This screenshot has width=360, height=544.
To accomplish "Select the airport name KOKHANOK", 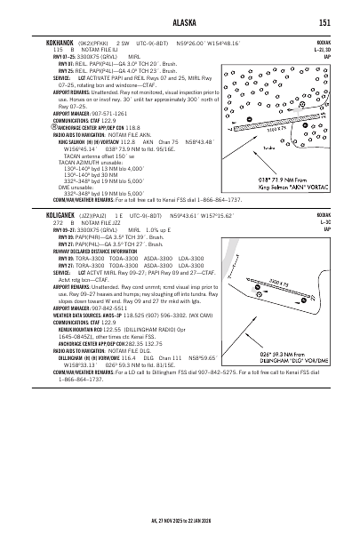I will click(48, 42).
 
